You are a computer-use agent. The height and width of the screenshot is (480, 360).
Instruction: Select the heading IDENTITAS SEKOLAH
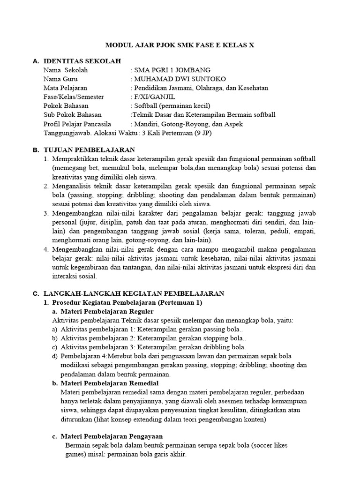[82, 61]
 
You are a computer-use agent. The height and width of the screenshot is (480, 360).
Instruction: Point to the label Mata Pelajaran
[65, 88]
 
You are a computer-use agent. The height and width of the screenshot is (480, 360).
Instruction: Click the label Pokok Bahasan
[66, 105]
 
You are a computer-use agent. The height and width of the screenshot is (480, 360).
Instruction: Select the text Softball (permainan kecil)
[172, 105]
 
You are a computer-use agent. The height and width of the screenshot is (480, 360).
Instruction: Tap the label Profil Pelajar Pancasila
[77, 124]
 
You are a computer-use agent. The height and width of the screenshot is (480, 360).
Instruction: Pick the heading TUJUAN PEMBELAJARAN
[89, 150]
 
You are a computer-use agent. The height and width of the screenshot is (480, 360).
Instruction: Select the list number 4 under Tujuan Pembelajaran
[46, 249]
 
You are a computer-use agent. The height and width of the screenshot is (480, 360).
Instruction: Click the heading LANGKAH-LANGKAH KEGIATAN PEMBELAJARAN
[134, 293]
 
